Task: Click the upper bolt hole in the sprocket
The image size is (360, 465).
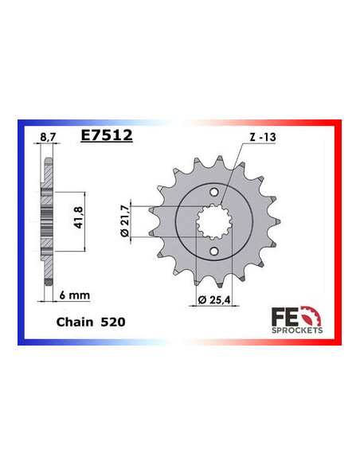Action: (x=212, y=191)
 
